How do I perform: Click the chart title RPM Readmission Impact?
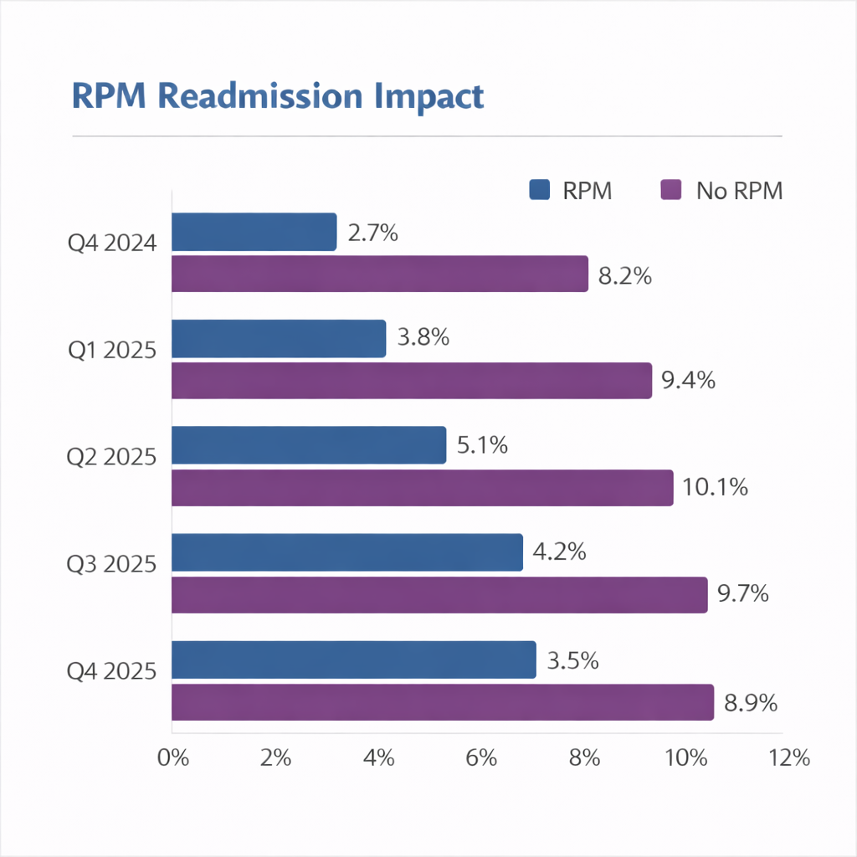pos(278,95)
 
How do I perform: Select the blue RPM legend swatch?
pos(540,190)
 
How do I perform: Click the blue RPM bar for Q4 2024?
pos(254,232)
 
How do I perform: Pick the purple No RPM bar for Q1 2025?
pos(411,381)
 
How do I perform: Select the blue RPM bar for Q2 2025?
pos(308,445)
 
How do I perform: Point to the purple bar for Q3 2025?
pos(439,595)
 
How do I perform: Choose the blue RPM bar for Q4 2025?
pos(353,659)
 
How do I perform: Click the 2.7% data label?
pos(372,233)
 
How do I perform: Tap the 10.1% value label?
pos(715,487)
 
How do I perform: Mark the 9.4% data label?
pos(688,381)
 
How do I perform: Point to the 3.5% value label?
pos(572,660)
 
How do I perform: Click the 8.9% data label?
pos(751,703)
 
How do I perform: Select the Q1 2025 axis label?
pos(112,350)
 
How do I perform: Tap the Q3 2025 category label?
pos(112,564)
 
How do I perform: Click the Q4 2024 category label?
pos(112,244)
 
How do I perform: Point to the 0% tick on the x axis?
pos(172,758)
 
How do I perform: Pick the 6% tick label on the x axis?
pos(481,758)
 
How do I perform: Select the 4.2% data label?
pos(560,552)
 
